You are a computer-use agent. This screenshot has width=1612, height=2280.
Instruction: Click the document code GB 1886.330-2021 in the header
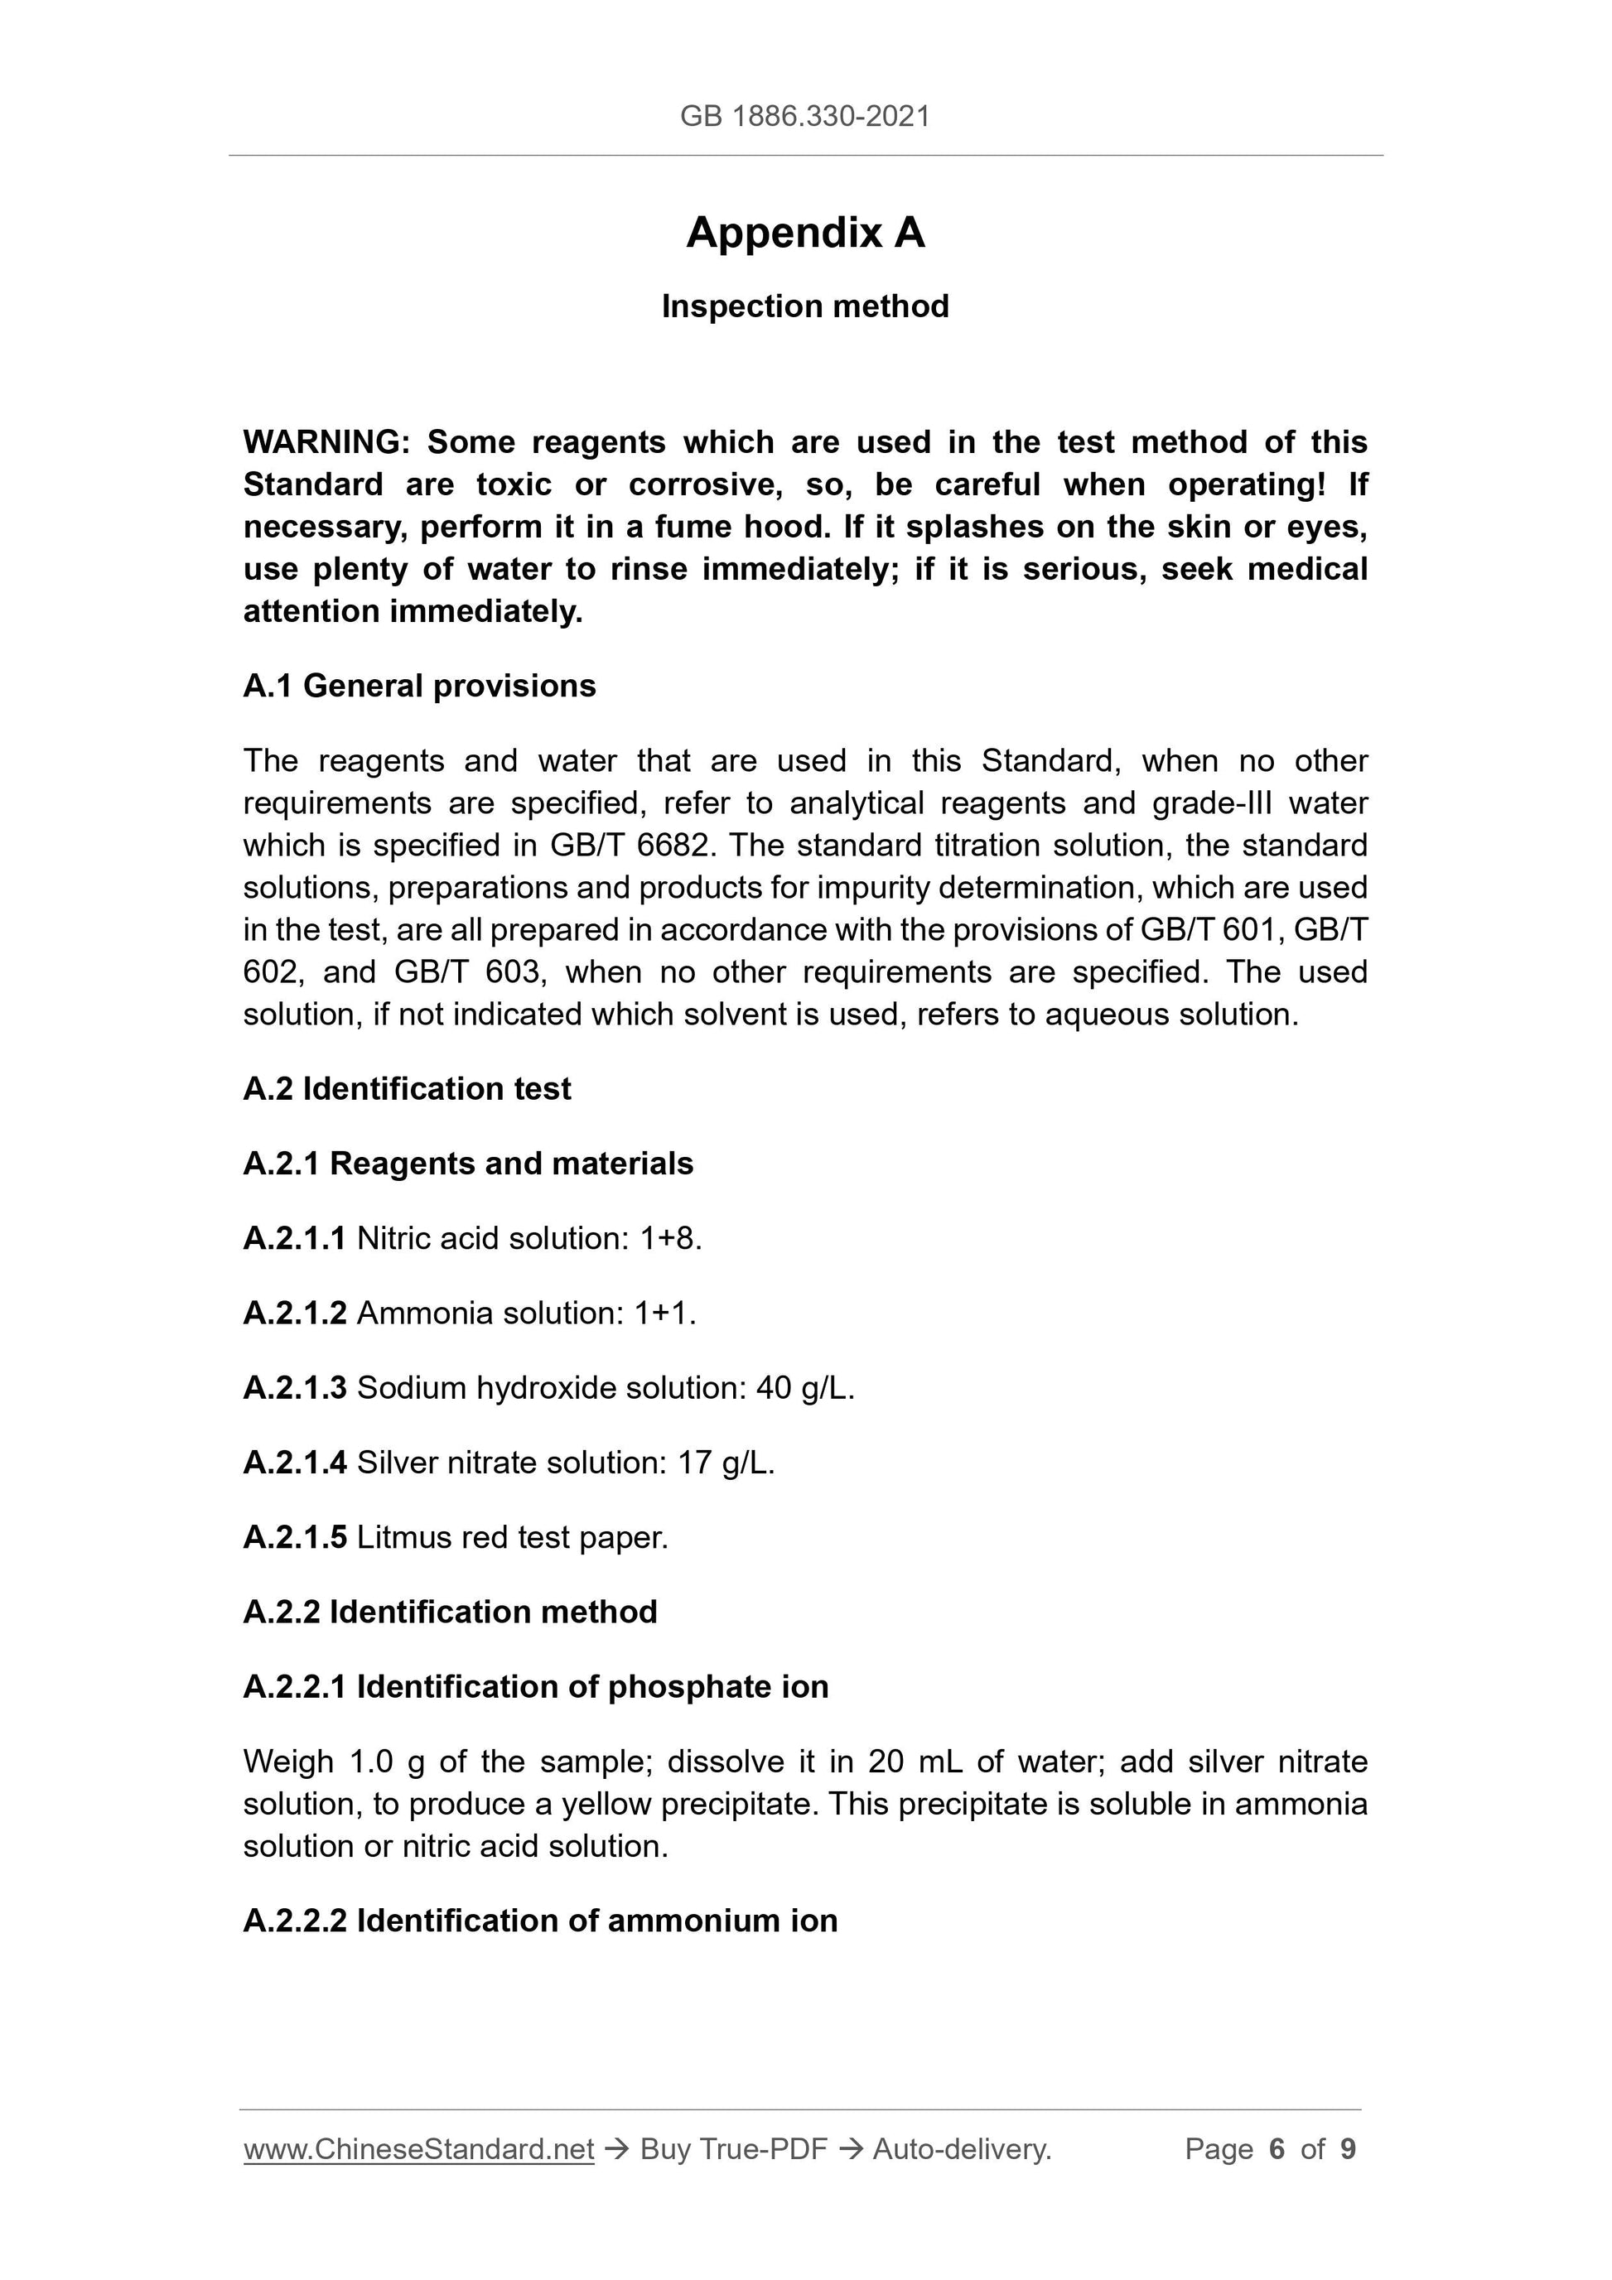pyautogui.click(x=804, y=117)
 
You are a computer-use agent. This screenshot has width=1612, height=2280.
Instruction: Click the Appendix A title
pyautogui.click(x=804, y=234)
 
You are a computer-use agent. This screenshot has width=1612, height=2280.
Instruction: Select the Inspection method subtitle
pyautogui.click(x=804, y=307)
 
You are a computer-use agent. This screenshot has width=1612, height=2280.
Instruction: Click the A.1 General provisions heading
pyautogui.click(x=419, y=687)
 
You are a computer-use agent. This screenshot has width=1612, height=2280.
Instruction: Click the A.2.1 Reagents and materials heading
pyautogui.click(x=468, y=1163)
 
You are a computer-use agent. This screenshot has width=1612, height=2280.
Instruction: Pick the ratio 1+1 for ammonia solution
pyautogui.click(x=664, y=1313)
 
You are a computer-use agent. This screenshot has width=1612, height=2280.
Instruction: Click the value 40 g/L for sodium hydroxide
pyautogui.click(x=803, y=1387)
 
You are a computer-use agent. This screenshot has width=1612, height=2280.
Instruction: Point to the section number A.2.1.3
pyautogui.click(x=295, y=1387)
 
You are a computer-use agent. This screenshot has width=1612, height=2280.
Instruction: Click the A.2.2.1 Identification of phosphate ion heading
pyautogui.click(x=535, y=1686)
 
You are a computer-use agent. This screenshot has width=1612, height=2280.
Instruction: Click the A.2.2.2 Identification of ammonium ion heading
pyautogui.click(x=540, y=1921)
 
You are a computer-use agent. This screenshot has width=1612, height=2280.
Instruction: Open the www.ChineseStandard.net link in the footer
pyautogui.click(x=418, y=2149)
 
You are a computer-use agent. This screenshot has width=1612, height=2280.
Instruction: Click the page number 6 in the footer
pyautogui.click(x=1277, y=2149)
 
